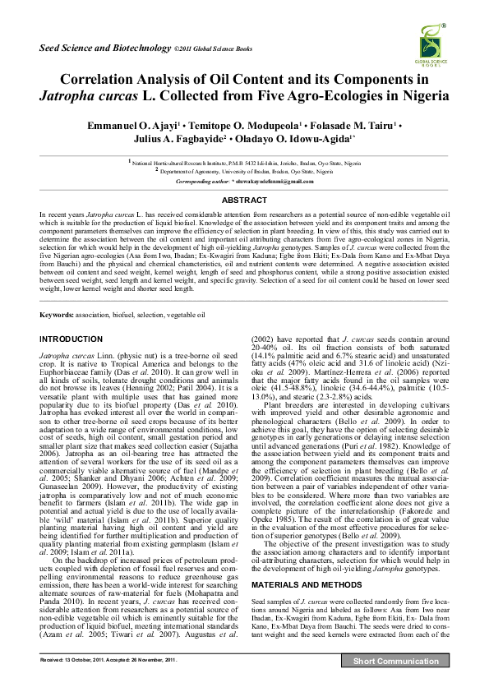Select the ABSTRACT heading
coord(244,200)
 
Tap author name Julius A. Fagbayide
coord(179,140)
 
